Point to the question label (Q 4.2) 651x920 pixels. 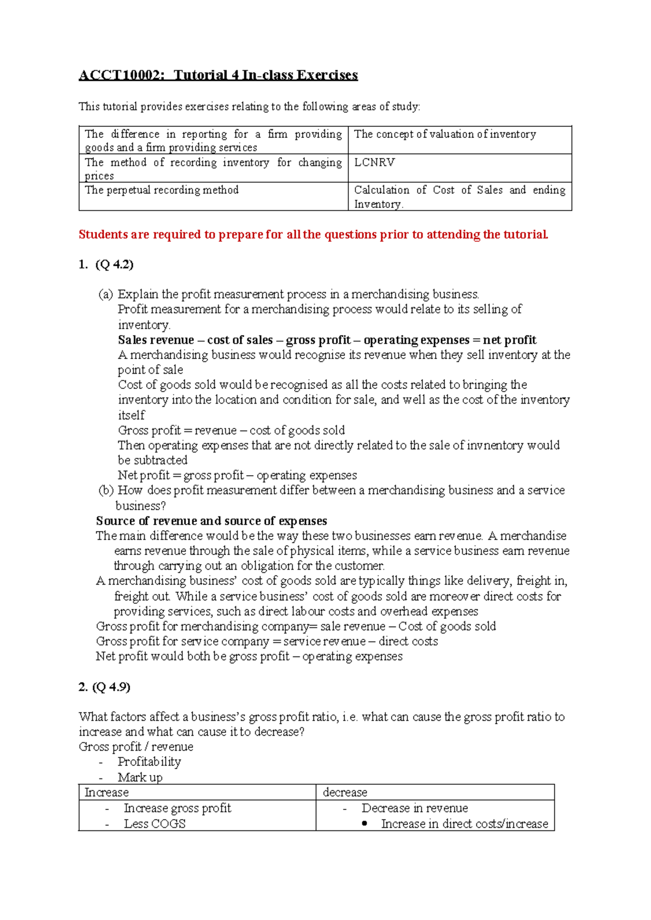114,265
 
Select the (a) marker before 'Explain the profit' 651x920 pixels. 105,295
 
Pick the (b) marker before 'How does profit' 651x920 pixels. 106,490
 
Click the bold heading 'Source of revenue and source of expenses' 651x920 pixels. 212,521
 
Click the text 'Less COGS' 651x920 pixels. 155,823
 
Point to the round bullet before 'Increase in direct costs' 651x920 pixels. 365,823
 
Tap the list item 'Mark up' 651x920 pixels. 140,777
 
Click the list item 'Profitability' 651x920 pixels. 149,762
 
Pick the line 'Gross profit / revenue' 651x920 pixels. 136,747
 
